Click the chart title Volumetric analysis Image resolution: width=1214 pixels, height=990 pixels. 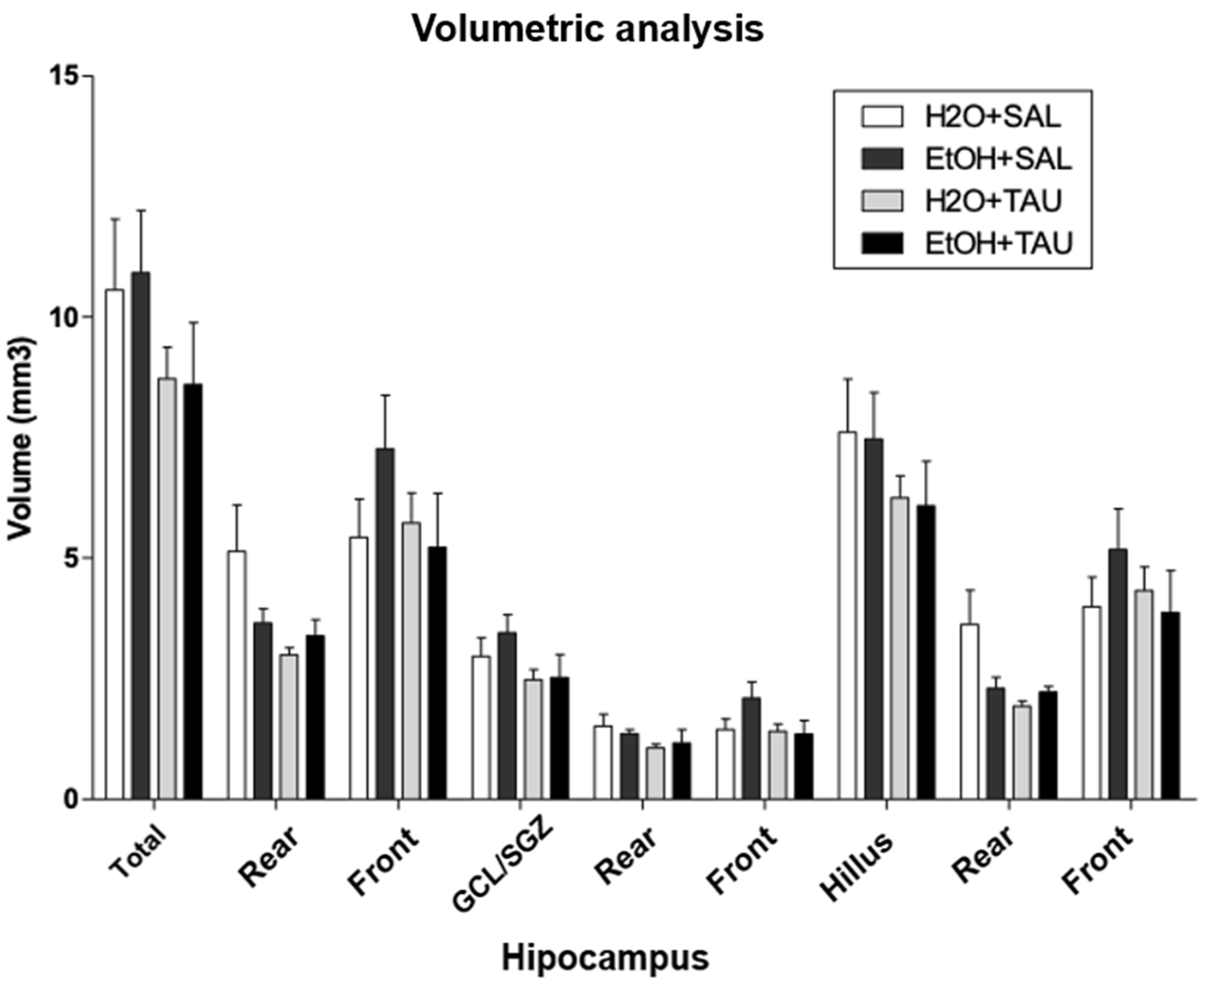pyautogui.click(x=588, y=29)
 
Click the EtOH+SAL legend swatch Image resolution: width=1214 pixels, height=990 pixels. pyautogui.click(x=882, y=159)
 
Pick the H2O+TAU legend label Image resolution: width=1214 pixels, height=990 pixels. pyautogui.click(x=993, y=201)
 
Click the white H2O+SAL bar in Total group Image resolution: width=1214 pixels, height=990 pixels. pyautogui.click(x=115, y=545)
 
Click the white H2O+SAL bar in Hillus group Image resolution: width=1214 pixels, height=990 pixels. pyautogui.click(x=847, y=616)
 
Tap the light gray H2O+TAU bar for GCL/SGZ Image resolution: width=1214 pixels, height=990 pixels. pyautogui.click(x=534, y=739)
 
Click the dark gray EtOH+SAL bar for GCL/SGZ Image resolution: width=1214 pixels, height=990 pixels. pyautogui.click(x=507, y=716)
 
